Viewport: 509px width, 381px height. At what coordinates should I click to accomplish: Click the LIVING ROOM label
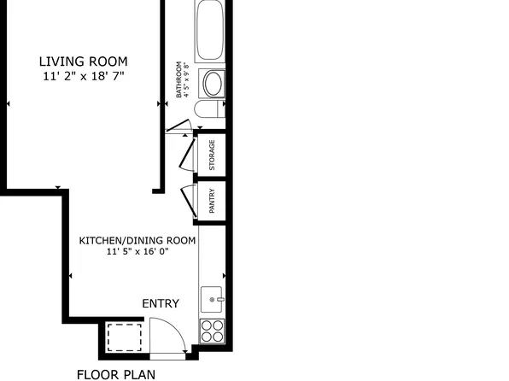pyautogui.click(x=83, y=62)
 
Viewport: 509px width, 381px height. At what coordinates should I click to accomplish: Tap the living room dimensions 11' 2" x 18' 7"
pyautogui.click(x=84, y=76)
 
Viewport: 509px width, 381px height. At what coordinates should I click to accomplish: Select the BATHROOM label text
pyautogui.click(x=178, y=79)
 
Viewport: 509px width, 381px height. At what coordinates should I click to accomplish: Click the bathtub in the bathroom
pyautogui.click(x=210, y=31)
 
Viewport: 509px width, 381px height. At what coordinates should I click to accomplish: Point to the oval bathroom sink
pyautogui.click(x=213, y=84)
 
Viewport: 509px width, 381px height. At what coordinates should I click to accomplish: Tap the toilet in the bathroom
pyautogui.click(x=210, y=109)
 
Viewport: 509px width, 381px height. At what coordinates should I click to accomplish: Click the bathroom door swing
pyautogui.click(x=178, y=126)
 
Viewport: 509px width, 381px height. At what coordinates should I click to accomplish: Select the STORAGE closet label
pyautogui.click(x=212, y=155)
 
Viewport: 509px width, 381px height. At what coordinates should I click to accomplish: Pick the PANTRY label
pyautogui.click(x=212, y=201)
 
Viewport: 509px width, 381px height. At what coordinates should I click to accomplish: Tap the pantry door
pyautogui.click(x=188, y=202)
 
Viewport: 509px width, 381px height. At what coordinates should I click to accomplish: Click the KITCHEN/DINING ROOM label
pyautogui.click(x=137, y=241)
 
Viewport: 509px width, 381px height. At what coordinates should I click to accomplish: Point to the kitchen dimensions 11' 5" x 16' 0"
pyautogui.click(x=137, y=251)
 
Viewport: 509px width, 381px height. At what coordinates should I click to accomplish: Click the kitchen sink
pyautogui.click(x=212, y=300)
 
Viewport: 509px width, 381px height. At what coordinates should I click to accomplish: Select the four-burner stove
pyautogui.click(x=213, y=331)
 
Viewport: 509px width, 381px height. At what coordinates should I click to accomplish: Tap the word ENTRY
pyautogui.click(x=161, y=303)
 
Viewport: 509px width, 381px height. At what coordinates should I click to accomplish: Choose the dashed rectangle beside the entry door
pyautogui.click(x=125, y=337)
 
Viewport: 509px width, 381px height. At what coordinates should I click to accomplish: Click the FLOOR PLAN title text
pyautogui.click(x=116, y=374)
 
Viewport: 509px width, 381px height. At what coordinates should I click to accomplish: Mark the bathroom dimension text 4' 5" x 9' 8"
pyautogui.click(x=186, y=79)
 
